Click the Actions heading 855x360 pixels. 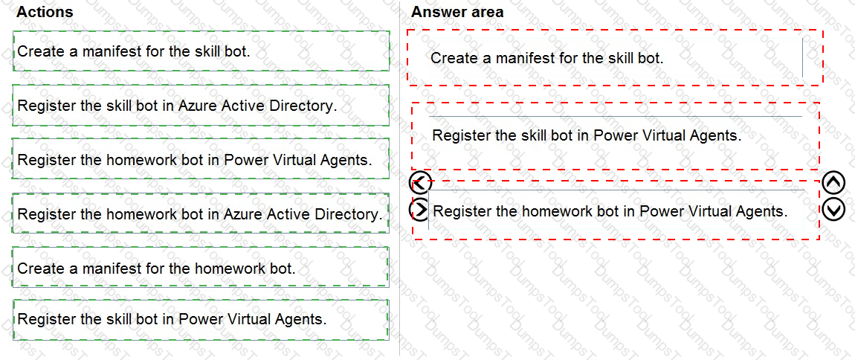(45, 11)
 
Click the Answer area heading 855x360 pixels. (457, 11)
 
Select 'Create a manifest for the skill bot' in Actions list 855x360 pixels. (134, 51)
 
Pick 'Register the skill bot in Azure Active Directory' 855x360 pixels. (177, 106)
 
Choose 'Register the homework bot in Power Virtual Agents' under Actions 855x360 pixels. (195, 160)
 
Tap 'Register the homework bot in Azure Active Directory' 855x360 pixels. (199, 213)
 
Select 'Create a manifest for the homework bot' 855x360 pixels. (156, 269)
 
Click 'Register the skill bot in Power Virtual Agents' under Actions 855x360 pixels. (172, 318)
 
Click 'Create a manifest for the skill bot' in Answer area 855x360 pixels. (547, 58)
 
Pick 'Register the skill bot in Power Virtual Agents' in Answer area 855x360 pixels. (587, 135)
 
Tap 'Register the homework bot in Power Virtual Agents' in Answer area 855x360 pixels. (610, 210)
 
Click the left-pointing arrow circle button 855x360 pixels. (420, 183)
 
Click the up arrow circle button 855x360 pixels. (833, 183)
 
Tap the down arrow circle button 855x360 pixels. (833, 210)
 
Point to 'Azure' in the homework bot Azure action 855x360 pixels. (240, 213)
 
